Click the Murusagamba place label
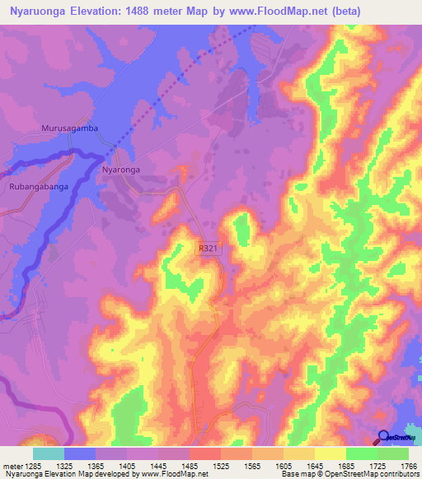click(x=69, y=129)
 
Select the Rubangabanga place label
click(x=39, y=187)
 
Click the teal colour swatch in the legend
click(x=48, y=453)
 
